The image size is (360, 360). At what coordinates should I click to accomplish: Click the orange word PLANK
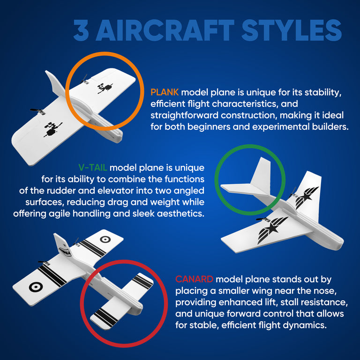(165, 92)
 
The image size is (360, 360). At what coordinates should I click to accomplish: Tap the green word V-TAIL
(93, 168)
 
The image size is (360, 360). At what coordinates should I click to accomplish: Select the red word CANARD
(194, 279)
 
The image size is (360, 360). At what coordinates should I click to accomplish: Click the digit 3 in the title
(81, 30)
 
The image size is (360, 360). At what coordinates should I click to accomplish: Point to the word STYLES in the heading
(292, 30)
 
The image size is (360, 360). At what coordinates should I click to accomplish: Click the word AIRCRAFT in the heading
(165, 30)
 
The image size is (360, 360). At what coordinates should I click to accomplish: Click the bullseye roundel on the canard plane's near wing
(36, 287)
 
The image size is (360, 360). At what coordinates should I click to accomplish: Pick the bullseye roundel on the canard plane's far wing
(105, 240)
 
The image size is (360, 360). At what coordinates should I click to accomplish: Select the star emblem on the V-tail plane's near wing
(272, 229)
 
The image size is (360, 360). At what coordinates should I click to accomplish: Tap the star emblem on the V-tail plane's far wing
(306, 197)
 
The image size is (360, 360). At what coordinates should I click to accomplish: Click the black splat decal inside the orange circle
(105, 88)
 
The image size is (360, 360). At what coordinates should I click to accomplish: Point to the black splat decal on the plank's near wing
(52, 129)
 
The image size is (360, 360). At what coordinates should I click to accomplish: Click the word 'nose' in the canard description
(326, 291)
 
